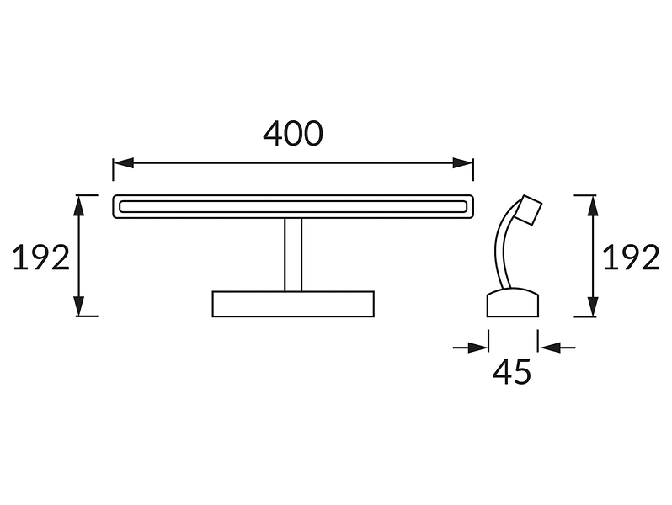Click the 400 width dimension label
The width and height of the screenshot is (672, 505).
(x=293, y=133)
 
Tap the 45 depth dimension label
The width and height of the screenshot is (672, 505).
(x=512, y=371)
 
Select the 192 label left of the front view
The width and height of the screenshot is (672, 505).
(x=41, y=258)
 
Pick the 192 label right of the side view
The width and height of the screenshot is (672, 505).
(x=632, y=257)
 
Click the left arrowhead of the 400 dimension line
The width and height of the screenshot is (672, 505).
(x=124, y=162)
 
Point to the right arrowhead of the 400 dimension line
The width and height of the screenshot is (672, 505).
(x=463, y=162)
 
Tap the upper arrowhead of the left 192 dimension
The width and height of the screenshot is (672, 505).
(x=79, y=205)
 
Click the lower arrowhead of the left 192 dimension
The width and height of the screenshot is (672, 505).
(x=79, y=306)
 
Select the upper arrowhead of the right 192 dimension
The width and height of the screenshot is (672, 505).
(x=593, y=205)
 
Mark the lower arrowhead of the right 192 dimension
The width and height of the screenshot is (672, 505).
(x=593, y=306)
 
